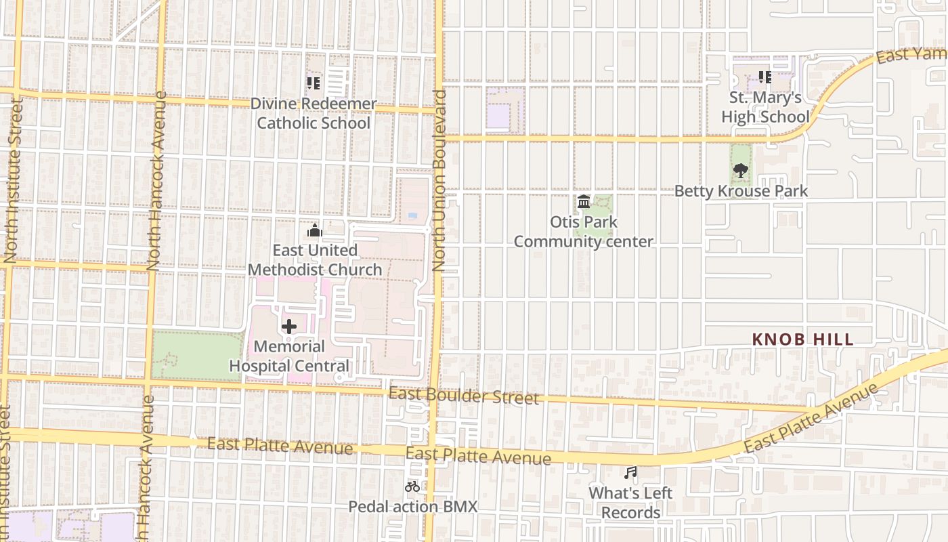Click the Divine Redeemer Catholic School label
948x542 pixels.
(314, 113)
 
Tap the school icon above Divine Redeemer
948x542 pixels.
(313, 83)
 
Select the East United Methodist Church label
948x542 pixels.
(314, 260)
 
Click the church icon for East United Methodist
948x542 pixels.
(314, 231)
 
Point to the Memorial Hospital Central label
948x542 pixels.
(289, 356)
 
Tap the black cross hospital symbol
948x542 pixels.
(289, 327)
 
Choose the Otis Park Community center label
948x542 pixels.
(583, 232)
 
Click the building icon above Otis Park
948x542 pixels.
(584, 201)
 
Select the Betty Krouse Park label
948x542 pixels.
(741, 191)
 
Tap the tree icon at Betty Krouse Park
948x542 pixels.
(741, 171)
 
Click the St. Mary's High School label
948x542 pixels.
(765, 107)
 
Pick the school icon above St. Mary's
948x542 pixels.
(765, 77)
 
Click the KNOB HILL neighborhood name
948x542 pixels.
(802, 339)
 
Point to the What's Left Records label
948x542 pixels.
(630, 503)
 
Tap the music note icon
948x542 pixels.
(630, 472)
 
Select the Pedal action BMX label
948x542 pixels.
(412, 507)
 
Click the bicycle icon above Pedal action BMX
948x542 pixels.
(412, 486)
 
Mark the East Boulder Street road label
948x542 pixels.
(464, 396)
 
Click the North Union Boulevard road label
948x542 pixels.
(440, 180)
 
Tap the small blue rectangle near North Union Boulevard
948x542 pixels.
(412, 215)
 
